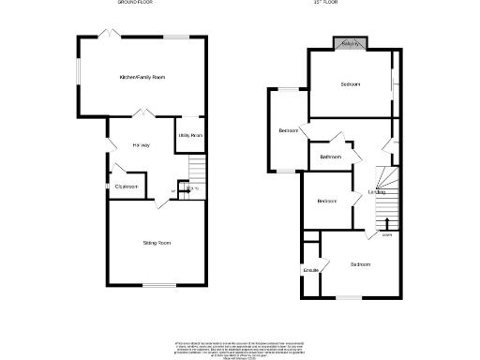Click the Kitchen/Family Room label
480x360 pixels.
tap(142, 77)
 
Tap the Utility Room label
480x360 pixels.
tap(190, 136)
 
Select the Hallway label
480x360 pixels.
tap(142, 145)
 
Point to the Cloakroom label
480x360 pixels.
tap(127, 187)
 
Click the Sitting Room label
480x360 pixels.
tap(157, 243)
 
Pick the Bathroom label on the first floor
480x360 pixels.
tap(329, 157)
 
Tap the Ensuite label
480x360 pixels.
tap(310, 271)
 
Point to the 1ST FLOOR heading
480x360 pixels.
tap(325, 4)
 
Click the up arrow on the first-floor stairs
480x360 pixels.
tap(387, 224)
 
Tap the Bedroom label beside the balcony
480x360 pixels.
tap(350, 85)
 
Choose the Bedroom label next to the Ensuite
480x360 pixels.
tap(360, 265)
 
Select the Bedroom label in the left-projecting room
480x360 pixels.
tap(289, 130)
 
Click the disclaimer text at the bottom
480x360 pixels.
tap(240, 347)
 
